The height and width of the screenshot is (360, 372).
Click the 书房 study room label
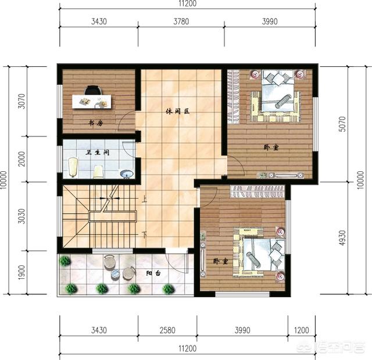[x=96, y=124]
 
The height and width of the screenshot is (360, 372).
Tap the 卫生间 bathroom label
[x=97, y=153]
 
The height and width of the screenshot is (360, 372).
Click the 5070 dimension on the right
[x=342, y=124]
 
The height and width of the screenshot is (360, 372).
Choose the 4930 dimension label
[x=342, y=237]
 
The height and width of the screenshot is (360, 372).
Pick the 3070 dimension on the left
[x=22, y=102]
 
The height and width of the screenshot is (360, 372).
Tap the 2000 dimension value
[x=22, y=159]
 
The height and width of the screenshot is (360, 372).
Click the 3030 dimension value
[x=22, y=215]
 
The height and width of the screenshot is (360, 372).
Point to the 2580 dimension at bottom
[x=167, y=330]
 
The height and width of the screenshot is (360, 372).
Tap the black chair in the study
[x=92, y=90]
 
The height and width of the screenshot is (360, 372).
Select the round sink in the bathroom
[x=126, y=172]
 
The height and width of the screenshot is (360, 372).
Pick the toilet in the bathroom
[x=99, y=171]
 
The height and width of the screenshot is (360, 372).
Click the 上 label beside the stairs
[x=144, y=199]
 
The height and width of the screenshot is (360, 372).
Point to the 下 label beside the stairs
[x=144, y=234]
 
